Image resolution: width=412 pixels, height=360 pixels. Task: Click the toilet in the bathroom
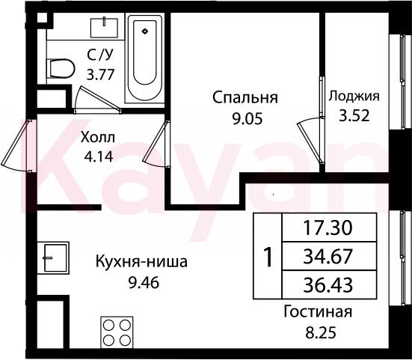(x=61, y=69)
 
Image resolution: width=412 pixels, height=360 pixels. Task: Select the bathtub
(x=145, y=58)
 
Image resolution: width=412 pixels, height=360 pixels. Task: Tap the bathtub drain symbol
(x=145, y=31)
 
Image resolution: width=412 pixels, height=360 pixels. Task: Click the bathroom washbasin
(x=104, y=28)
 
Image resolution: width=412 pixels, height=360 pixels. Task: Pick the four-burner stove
(x=117, y=332)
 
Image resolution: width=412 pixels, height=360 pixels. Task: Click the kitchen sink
(x=53, y=258)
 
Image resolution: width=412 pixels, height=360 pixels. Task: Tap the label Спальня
(x=245, y=98)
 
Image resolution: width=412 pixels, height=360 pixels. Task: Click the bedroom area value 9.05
(x=247, y=119)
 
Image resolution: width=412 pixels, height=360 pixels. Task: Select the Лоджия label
(x=354, y=97)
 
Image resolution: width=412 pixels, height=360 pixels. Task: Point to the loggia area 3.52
(x=354, y=116)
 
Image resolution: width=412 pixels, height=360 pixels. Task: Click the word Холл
(x=98, y=138)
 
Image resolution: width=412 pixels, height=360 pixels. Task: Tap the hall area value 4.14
(x=99, y=157)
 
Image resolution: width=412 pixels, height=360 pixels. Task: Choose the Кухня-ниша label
(x=141, y=262)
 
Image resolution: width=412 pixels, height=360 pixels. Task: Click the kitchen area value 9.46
(x=144, y=283)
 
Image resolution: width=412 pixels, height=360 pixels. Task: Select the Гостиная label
(x=318, y=312)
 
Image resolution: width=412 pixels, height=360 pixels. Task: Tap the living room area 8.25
(x=321, y=332)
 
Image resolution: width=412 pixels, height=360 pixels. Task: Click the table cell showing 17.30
(x=329, y=228)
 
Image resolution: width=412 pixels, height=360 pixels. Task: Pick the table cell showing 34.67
(x=329, y=256)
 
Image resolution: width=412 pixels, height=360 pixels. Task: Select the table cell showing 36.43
(x=329, y=284)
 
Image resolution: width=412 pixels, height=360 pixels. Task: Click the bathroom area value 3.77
(x=101, y=75)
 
